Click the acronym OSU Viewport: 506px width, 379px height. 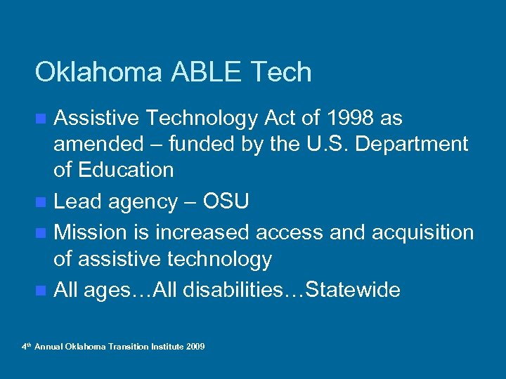(x=225, y=202)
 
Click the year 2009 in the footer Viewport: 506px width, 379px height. (x=195, y=347)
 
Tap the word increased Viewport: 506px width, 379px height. (x=204, y=232)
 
